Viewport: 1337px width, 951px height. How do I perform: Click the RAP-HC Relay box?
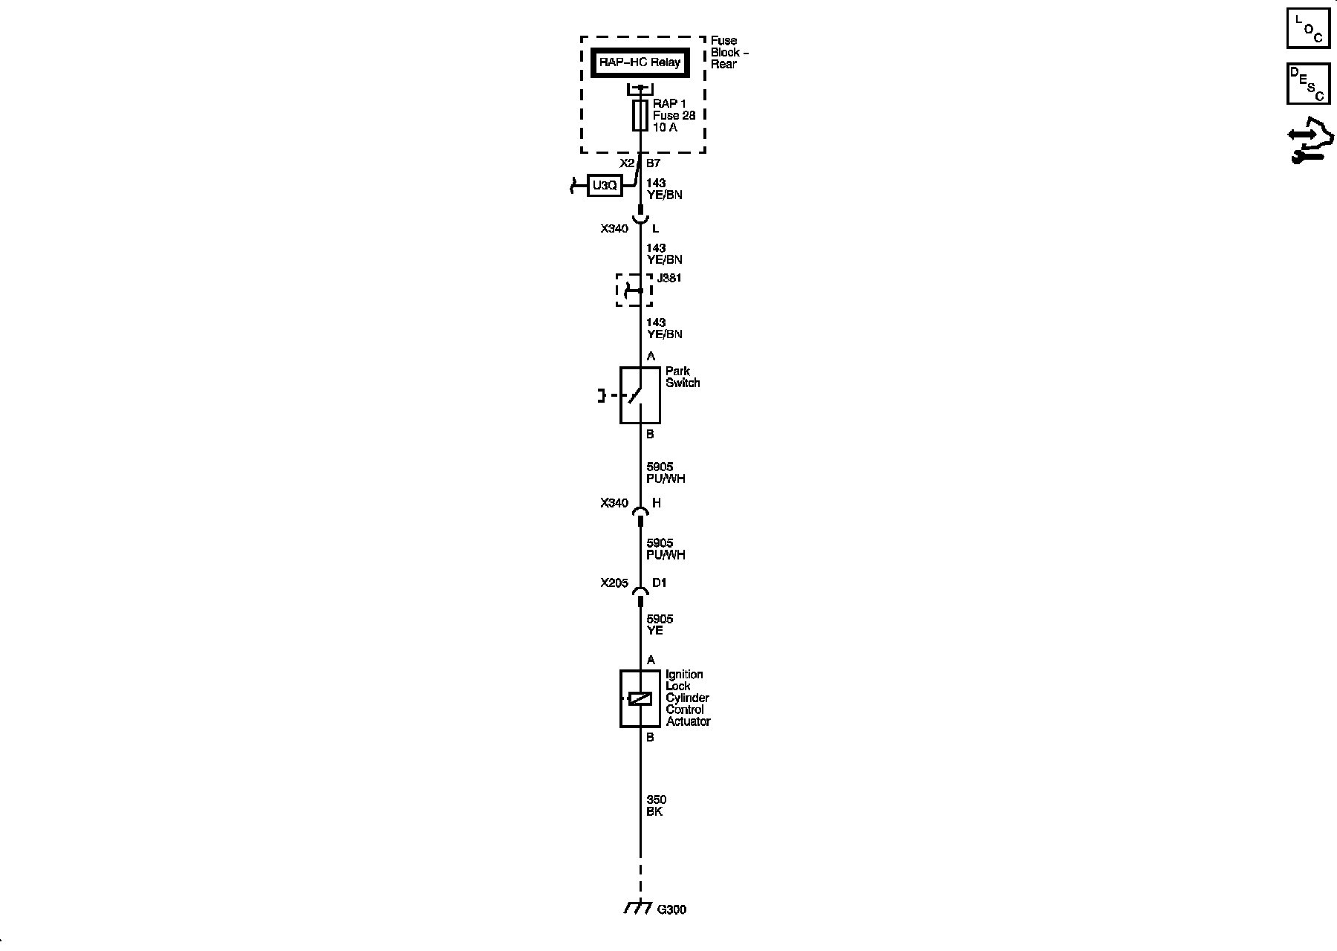[x=640, y=63]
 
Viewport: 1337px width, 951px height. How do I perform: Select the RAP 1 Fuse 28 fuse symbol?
[x=640, y=116]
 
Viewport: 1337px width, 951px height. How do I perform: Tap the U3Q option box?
[x=605, y=186]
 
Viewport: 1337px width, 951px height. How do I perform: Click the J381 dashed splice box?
[x=634, y=290]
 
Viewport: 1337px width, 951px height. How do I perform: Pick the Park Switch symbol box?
[x=640, y=395]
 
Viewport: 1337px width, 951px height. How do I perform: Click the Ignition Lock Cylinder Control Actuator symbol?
[x=640, y=698]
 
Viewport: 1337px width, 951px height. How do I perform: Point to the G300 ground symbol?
[x=637, y=908]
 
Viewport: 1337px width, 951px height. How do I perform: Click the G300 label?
[x=671, y=909]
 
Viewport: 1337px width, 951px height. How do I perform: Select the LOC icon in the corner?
[x=1308, y=28]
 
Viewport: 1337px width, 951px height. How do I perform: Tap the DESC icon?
[x=1308, y=83]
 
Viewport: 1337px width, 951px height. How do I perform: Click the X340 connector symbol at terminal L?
[x=640, y=218]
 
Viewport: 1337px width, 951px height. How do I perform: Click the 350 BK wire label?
[x=655, y=806]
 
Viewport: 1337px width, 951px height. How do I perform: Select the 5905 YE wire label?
[x=660, y=625]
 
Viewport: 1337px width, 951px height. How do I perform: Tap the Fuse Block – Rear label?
[x=729, y=53]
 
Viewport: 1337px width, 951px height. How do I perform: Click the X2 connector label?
[x=627, y=163]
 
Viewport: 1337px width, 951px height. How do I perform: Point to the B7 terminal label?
[x=654, y=163]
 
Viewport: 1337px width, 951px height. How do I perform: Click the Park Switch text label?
[x=682, y=377]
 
